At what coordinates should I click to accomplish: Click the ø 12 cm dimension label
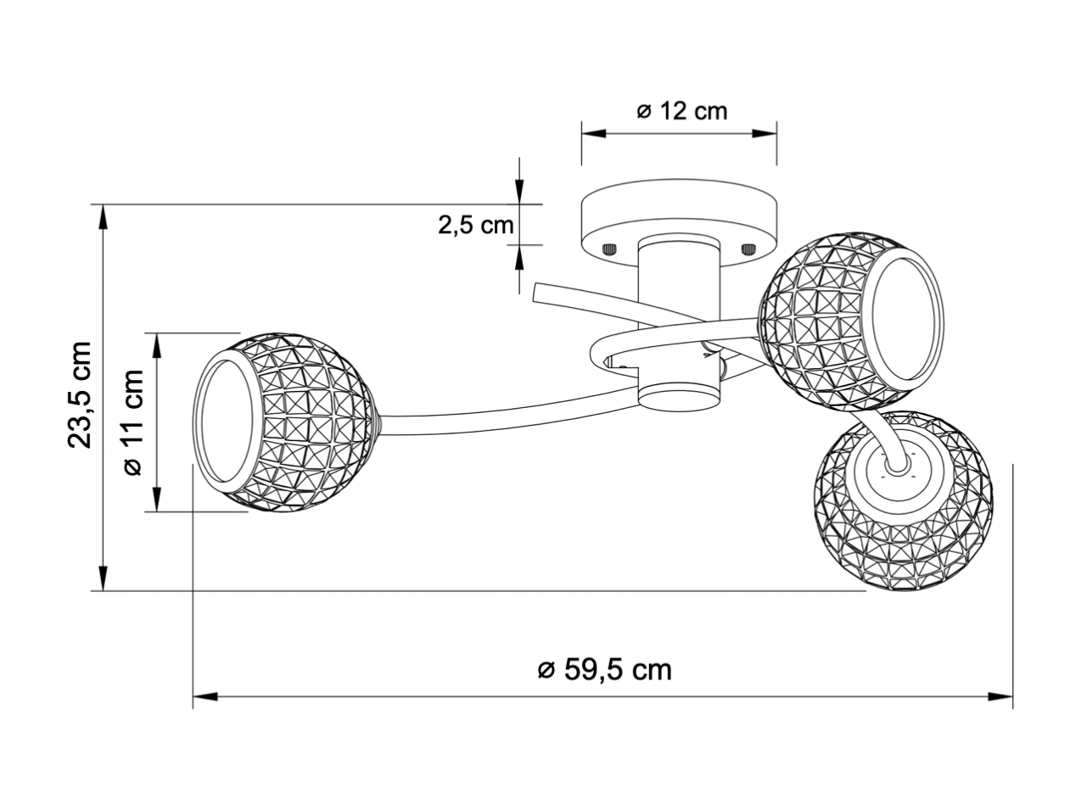[681, 111]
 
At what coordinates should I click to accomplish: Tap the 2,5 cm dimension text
[476, 226]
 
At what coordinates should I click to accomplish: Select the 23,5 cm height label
[80, 394]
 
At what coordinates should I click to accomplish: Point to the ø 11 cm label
[133, 422]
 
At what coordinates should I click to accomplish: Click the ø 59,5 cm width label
[605, 670]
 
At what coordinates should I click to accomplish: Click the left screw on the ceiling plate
[610, 249]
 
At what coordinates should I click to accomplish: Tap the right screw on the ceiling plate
[749, 249]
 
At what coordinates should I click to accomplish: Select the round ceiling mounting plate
[679, 222]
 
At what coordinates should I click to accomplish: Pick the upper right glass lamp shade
[852, 321]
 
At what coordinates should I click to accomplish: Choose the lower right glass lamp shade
[903, 500]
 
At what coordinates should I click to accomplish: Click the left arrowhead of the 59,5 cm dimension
[205, 697]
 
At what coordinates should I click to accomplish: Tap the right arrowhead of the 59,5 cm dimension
[1000, 697]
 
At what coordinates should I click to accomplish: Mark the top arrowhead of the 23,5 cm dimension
[103, 216]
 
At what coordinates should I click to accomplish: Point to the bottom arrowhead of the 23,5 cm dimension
[103, 578]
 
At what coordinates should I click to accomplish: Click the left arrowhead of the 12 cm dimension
[594, 133]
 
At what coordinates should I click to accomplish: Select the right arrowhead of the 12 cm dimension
[765, 133]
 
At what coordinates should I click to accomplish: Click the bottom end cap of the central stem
[679, 394]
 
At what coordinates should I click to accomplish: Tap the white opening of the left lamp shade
[227, 422]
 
